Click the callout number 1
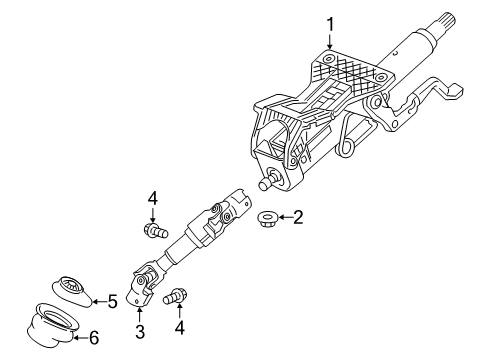point(330,22)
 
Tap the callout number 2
point(297,216)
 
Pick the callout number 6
point(96,338)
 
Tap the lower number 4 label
point(180,326)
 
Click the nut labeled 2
point(268,217)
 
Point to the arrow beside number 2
point(282,216)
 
